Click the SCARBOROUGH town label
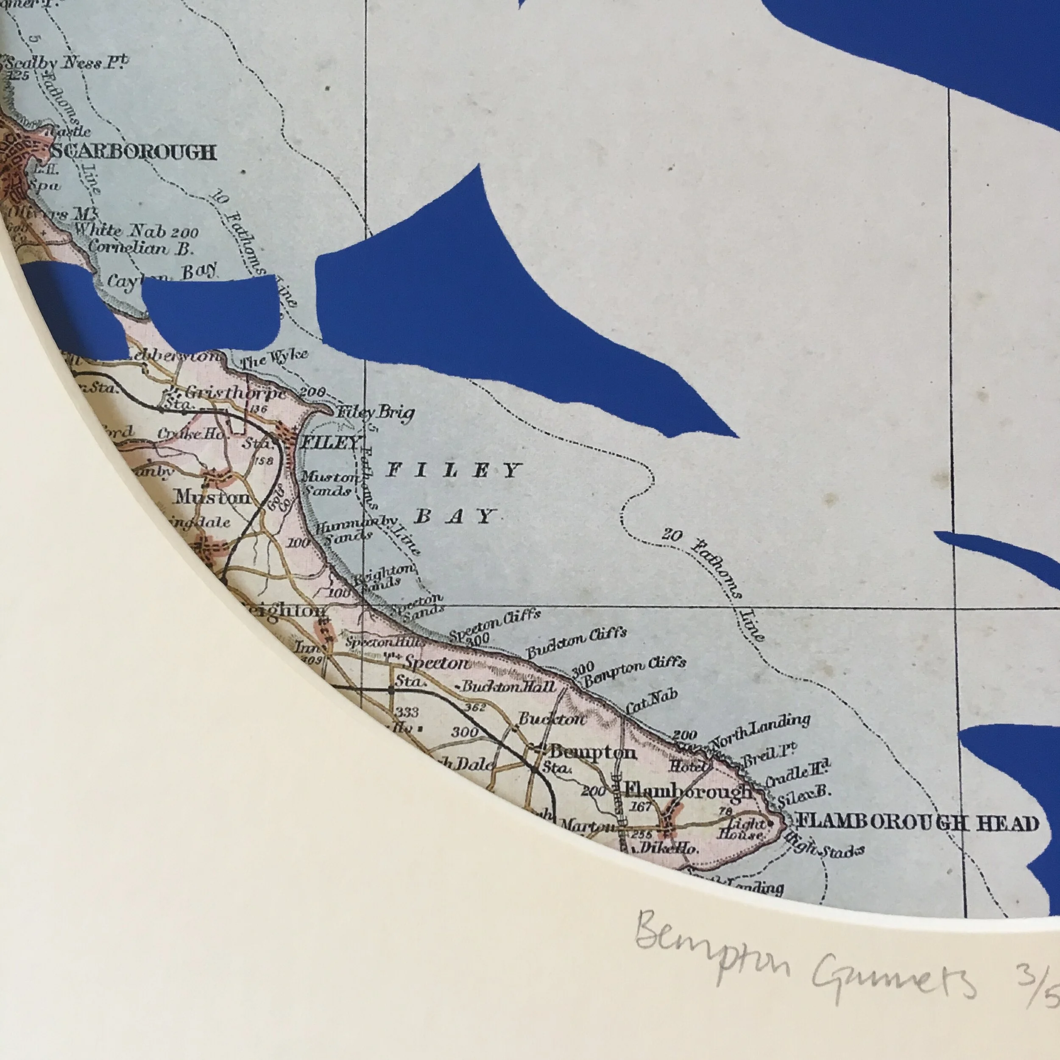tap(134, 151)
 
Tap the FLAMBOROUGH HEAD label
tap(918, 823)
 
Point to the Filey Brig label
tap(376, 413)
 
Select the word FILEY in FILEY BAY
tap(453, 471)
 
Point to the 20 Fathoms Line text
tap(713, 582)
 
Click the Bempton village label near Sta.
tap(593, 752)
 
